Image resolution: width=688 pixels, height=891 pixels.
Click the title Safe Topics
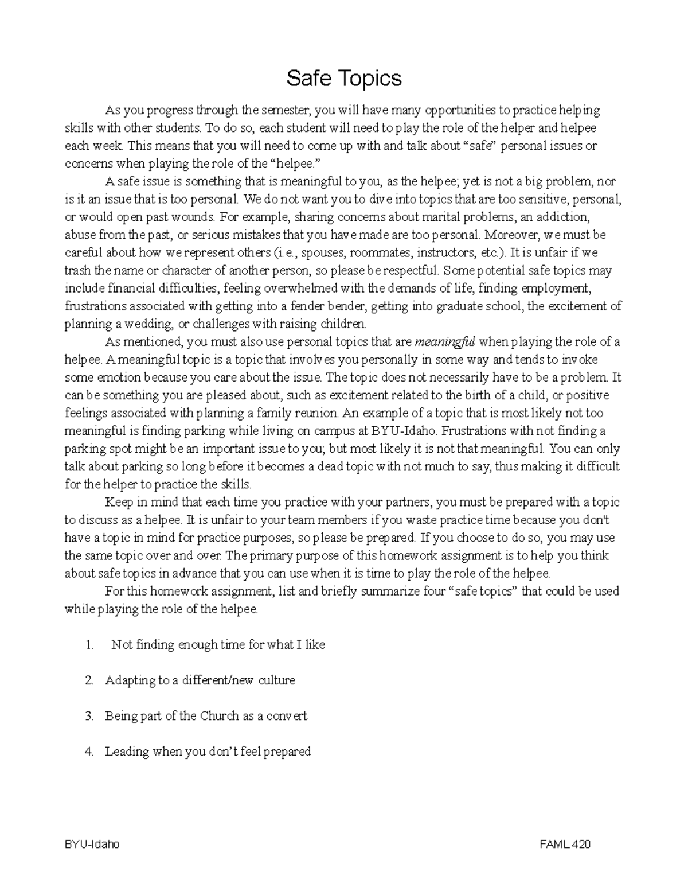point(344,78)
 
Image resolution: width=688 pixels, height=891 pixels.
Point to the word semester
point(285,110)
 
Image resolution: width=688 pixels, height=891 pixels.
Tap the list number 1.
point(88,645)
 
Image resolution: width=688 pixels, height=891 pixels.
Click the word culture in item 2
point(276,680)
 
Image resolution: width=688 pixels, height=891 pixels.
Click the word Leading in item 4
point(126,752)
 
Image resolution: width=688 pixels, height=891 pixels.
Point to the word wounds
point(196,217)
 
